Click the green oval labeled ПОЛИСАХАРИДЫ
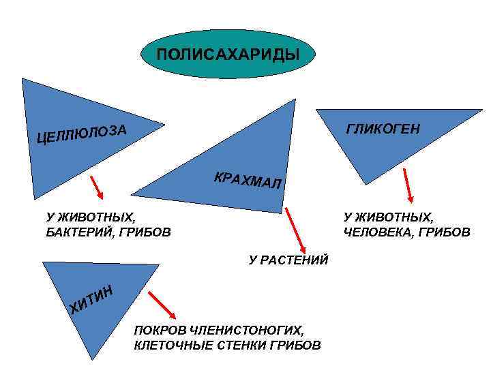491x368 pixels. tap(228, 54)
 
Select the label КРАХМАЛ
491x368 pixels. tap(246, 179)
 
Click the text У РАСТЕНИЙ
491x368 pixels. tap(289, 260)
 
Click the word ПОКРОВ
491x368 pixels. tap(155, 329)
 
